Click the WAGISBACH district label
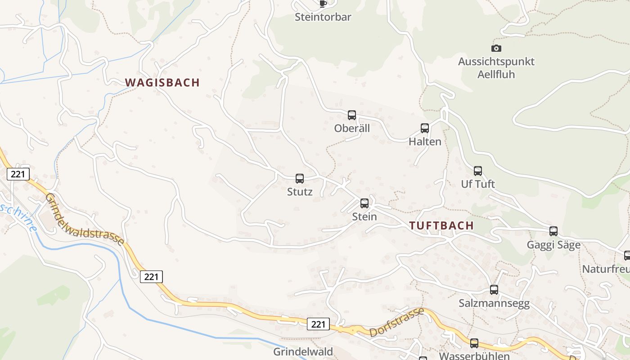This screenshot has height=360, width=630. (x=162, y=82)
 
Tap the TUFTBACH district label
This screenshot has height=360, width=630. (x=441, y=225)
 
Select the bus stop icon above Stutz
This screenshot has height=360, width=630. (x=300, y=179)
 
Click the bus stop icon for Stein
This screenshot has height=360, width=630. (x=364, y=203)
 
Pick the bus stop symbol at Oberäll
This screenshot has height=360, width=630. (x=352, y=115)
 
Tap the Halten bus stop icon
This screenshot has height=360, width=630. (x=425, y=128)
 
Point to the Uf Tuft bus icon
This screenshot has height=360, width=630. (x=478, y=171)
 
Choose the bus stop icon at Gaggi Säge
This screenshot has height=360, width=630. (x=553, y=231)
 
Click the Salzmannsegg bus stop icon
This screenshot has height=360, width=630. (x=494, y=290)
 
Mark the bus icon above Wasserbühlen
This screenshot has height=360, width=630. (x=474, y=343)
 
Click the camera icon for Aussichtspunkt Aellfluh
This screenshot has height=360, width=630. (x=496, y=48)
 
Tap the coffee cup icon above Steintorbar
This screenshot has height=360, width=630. (x=323, y=4)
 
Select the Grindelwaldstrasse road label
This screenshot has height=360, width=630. (x=85, y=219)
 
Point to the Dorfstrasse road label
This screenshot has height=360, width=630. (x=396, y=322)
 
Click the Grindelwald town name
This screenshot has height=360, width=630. (x=303, y=351)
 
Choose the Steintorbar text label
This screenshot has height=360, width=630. (x=323, y=17)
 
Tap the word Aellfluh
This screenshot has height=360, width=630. (x=496, y=74)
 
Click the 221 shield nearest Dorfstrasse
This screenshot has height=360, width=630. (x=318, y=324)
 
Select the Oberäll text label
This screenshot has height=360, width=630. (x=352, y=128)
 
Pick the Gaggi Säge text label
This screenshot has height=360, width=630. (x=553, y=245)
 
